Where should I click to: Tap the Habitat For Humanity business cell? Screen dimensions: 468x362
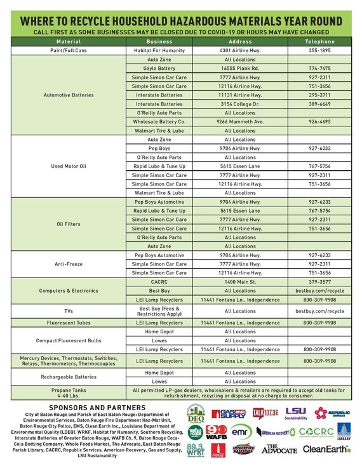(x=159, y=50)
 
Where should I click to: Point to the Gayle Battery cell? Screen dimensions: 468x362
(x=159, y=67)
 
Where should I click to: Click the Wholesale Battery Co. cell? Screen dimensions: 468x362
(x=159, y=121)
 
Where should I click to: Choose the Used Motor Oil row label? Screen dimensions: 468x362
(x=68, y=166)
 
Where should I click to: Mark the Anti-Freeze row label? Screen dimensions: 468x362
(x=68, y=264)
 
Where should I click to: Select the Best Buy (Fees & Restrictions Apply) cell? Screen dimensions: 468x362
(x=159, y=311)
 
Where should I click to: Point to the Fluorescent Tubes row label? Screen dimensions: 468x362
(x=68, y=323)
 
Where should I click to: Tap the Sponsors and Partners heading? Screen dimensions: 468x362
(x=97, y=407)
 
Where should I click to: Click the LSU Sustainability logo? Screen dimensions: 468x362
(x=296, y=413)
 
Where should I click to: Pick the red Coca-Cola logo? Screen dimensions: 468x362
(x=218, y=450)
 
